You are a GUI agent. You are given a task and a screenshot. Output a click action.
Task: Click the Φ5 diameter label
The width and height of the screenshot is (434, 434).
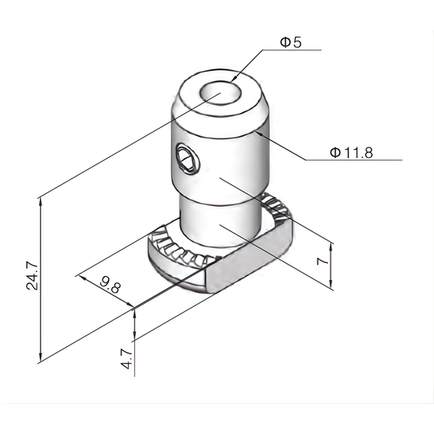[x=291, y=42]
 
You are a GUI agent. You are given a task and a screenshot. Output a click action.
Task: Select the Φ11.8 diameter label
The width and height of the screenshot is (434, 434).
[x=351, y=152]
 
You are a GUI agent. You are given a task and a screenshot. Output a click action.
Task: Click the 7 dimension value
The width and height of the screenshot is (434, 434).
[x=322, y=263]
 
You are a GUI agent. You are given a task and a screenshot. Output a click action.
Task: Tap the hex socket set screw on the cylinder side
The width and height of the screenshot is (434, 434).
[x=186, y=158]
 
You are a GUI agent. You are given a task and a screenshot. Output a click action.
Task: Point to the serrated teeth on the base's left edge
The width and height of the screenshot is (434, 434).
[x=175, y=256]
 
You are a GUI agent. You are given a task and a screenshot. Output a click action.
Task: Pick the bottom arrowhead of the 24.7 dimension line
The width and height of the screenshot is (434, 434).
[x=40, y=359]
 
